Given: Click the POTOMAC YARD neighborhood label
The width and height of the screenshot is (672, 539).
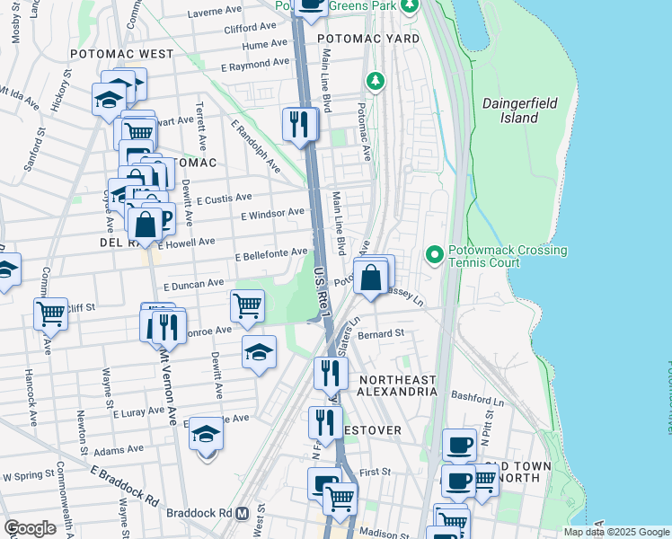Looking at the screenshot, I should [x=368, y=40].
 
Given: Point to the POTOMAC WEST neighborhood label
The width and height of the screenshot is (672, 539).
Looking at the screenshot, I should [x=121, y=54].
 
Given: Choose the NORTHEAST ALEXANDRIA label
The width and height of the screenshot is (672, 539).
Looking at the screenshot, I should [x=397, y=385].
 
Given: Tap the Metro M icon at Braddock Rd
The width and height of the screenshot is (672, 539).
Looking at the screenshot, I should [x=241, y=514].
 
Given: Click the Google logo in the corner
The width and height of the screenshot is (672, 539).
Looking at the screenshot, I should [x=30, y=528].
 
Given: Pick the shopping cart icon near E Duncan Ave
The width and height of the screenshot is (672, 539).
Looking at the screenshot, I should [x=247, y=305].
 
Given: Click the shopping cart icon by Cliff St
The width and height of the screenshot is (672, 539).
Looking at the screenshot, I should [x=50, y=314].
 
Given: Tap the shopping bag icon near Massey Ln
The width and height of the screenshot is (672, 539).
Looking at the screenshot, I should [x=370, y=278].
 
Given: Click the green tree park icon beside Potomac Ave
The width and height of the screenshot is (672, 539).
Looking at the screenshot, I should [x=375, y=82].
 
